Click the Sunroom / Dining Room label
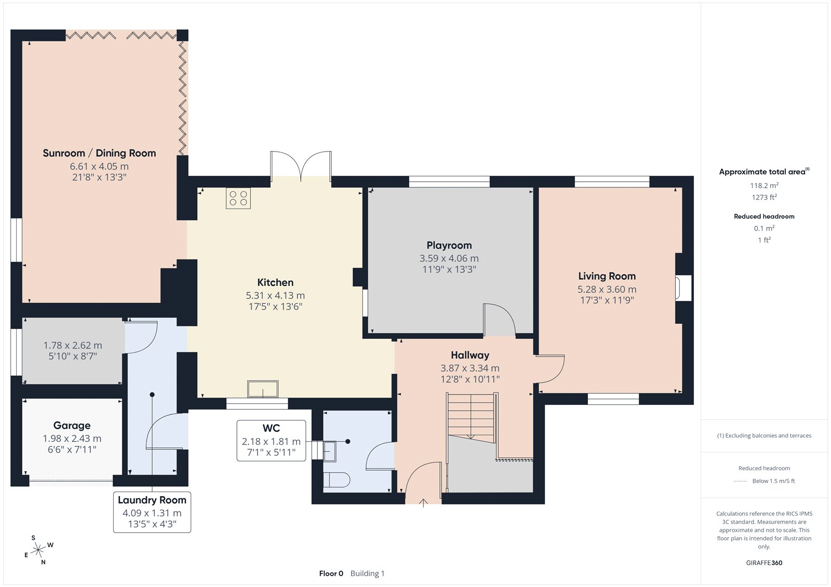coord(99,153)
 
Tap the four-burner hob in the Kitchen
coord(238,198)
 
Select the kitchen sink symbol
coord(263,389)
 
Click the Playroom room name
coord(449,245)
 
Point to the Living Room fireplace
coord(683,288)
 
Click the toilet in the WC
coord(337,480)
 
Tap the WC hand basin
coord(329,452)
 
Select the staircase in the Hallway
coord(472,418)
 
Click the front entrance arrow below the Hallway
coord(423,503)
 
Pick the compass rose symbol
coord(38,550)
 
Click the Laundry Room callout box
coord(152,512)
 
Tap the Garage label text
coord(72,425)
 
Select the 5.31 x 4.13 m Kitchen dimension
coord(275,295)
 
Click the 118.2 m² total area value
coord(764,185)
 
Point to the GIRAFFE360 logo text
coord(764,563)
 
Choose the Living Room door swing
coord(550,369)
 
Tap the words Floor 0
coord(331,574)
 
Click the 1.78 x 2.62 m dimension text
coord(73,345)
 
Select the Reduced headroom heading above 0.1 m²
coord(764,216)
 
